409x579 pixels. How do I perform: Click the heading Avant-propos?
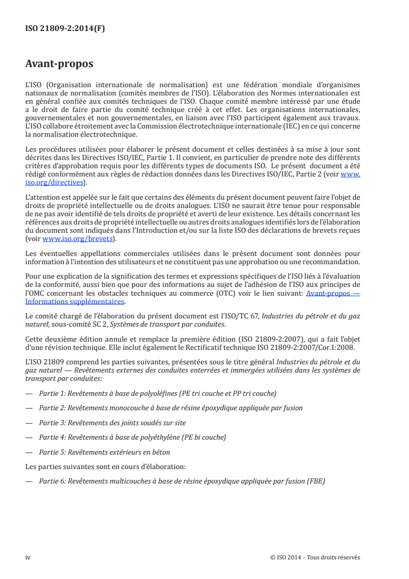click(59, 65)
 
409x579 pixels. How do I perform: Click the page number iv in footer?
click(28, 557)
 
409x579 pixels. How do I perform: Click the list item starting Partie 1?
click(157, 393)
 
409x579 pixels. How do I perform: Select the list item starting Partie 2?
click(170, 408)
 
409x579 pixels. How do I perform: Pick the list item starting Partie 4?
click(132, 438)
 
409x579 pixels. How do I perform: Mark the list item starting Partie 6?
click(182, 482)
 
